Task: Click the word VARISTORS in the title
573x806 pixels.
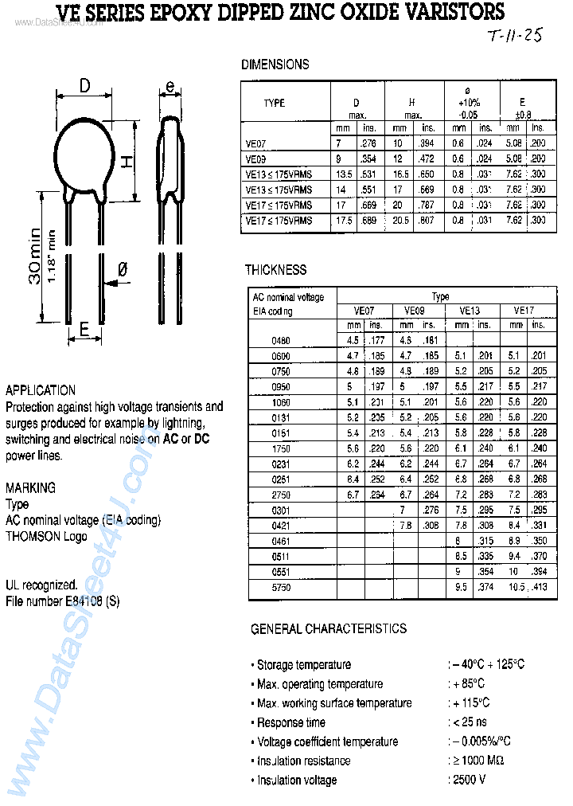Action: [x=450, y=12]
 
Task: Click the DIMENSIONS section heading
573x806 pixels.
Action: [x=275, y=65]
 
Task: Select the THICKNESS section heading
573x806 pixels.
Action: [x=275, y=270]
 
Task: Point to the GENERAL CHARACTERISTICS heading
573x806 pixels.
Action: [x=329, y=629]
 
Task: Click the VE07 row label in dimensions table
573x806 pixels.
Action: [x=257, y=144]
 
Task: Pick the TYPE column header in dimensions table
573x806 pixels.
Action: [x=275, y=104]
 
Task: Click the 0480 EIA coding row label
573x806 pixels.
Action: [x=281, y=341]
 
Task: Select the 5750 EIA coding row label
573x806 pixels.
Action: [x=281, y=588]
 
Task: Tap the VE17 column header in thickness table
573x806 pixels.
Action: [x=523, y=311]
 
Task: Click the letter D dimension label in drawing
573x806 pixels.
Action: [x=85, y=86]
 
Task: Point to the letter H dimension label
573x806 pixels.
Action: [x=125, y=161]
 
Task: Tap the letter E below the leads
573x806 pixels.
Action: [x=84, y=328]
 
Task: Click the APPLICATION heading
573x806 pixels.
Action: [x=41, y=390]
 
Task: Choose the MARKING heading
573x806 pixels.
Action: [x=30, y=487]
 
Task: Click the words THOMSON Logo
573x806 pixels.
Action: [x=46, y=536]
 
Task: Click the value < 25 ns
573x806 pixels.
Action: [x=470, y=722]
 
